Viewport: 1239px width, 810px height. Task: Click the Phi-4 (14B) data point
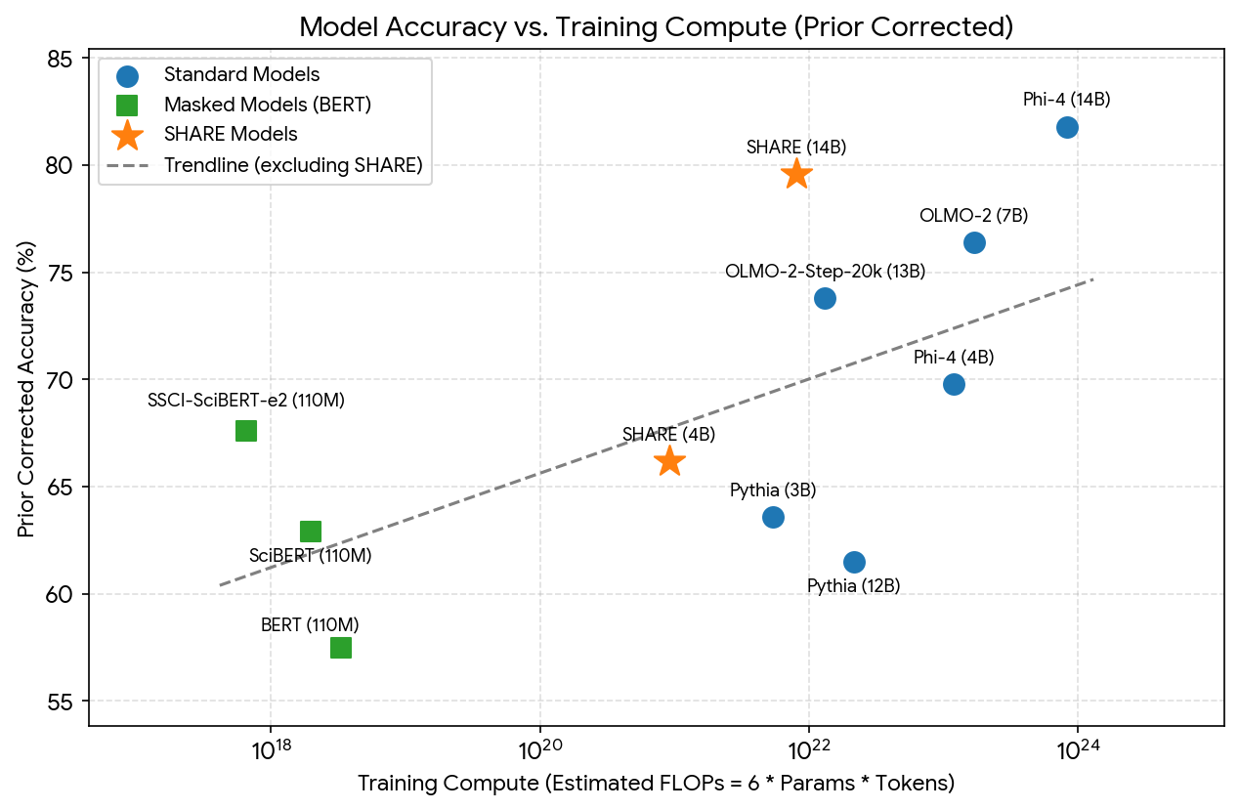point(1067,128)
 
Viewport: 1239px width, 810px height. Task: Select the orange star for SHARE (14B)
point(796,174)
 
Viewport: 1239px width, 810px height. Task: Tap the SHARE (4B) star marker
point(669,461)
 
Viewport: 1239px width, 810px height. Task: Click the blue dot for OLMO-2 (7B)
point(974,243)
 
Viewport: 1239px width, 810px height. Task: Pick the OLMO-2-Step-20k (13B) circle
point(825,299)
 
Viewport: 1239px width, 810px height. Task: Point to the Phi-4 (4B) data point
point(954,385)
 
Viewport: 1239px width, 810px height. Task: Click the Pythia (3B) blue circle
point(773,518)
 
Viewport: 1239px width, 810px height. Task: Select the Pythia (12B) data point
point(854,563)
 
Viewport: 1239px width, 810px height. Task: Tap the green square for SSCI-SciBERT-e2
point(246,431)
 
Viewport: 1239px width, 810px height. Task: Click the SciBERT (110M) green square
point(311,532)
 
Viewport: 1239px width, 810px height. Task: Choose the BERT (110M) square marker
point(341,648)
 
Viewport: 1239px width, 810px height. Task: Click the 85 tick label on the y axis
point(61,59)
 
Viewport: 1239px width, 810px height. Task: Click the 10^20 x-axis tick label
point(539,748)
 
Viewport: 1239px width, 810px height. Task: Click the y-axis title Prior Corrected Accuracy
point(26,389)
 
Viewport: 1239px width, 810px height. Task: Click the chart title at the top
point(656,26)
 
